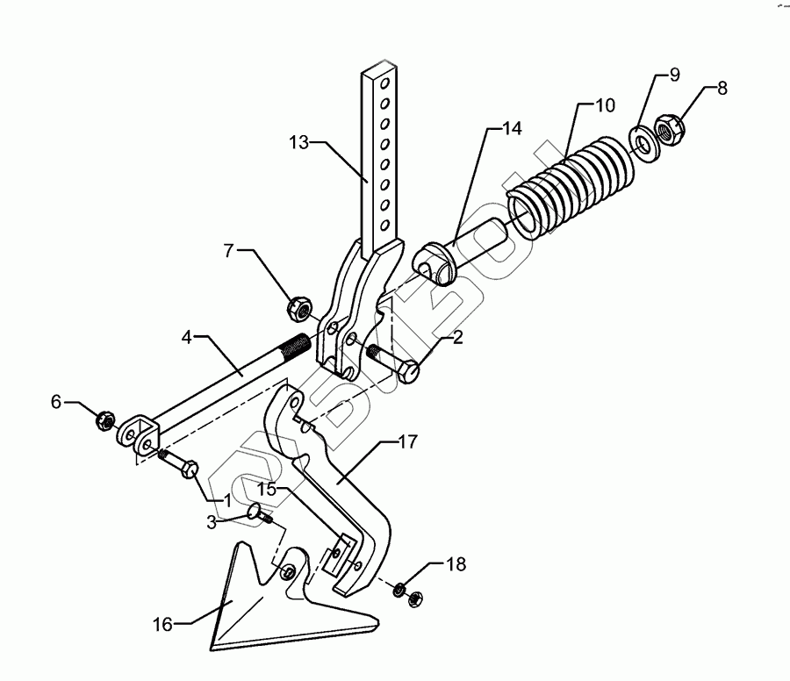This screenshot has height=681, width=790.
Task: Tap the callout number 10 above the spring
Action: [x=605, y=106]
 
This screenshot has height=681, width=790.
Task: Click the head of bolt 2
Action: [x=409, y=372]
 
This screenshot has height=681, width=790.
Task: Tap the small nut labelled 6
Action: [x=104, y=420]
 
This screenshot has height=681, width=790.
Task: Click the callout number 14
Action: [x=512, y=128]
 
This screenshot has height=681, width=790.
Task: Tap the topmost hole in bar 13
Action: [x=382, y=85]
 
